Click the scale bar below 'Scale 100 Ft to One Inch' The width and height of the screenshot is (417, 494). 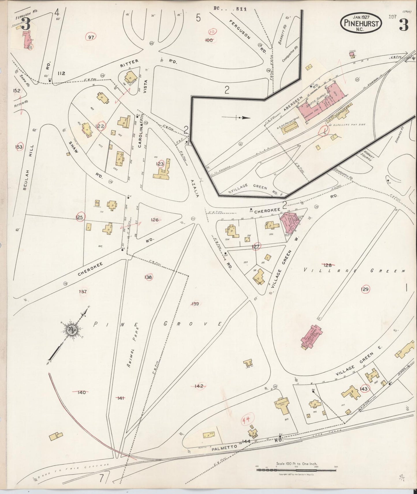tap(296, 470)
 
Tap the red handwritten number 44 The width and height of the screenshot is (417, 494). tap(246, 420)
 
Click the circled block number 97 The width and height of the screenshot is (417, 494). tap(91, 37)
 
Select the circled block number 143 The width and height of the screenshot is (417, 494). tap(364, 389)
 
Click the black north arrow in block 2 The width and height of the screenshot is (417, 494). tap(236, 117)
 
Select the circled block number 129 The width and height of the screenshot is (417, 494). tap(365, 289)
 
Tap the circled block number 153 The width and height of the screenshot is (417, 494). tap(19, 147)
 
